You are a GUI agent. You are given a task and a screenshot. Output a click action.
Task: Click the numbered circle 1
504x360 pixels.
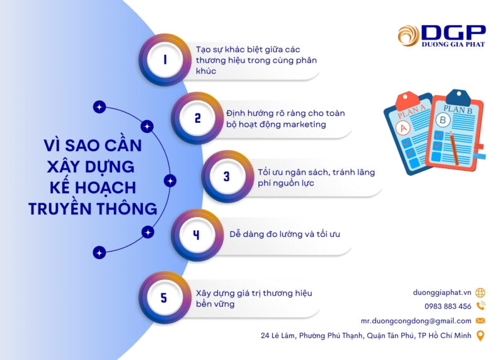coord(165,59)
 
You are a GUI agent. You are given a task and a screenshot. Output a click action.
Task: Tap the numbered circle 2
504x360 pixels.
coord(197,118)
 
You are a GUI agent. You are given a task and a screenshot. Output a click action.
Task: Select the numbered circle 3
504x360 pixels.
coord(227,177)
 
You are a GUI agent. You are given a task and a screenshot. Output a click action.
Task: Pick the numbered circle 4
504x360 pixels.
coord(197,235)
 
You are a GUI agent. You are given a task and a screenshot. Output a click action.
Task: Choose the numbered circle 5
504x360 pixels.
coord(165,298)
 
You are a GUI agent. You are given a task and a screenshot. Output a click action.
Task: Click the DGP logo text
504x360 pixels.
coord(454,33)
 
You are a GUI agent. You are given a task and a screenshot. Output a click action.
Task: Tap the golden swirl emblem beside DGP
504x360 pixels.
coord(408,35)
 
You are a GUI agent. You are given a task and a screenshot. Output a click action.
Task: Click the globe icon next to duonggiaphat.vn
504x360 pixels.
coord(480,293)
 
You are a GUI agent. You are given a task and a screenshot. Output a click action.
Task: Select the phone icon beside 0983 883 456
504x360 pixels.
coord(481,306)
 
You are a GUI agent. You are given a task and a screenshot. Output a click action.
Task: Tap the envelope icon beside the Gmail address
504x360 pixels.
coord(480,321)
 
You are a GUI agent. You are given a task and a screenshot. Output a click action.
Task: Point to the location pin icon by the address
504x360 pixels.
coord(480,335)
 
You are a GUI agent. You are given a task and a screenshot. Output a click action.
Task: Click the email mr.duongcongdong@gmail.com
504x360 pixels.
coord(416,321)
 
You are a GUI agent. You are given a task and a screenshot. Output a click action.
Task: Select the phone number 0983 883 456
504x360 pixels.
coord(448,306)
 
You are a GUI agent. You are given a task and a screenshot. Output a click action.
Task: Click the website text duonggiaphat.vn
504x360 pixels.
coord(442,293)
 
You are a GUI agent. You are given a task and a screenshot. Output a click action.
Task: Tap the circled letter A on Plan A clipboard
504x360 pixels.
coord(403,128)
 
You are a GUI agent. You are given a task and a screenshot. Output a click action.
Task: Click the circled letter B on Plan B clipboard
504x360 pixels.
coord(443,120)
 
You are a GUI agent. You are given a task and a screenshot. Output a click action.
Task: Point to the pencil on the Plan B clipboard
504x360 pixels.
coord(454,149)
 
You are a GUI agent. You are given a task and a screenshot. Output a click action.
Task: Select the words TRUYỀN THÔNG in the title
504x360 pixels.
coord(93,209)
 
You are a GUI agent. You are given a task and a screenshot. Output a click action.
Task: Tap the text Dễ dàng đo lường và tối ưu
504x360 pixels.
coord(285,234)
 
